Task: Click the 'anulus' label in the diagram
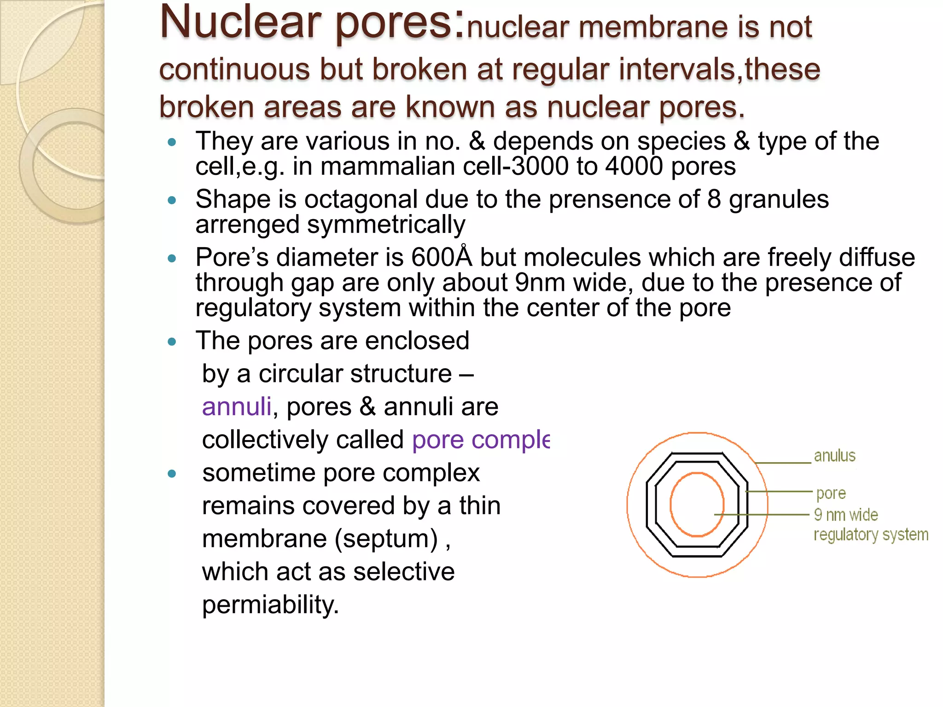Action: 834,456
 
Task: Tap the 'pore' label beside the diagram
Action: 831,493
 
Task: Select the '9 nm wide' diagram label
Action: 846,515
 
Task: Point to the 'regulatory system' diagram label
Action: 871,535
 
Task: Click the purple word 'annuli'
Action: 237,407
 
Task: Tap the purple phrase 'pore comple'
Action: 481,440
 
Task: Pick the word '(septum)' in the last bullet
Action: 386,539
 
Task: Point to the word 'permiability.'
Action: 270,605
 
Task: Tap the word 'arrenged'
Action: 247,225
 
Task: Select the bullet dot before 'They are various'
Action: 172,142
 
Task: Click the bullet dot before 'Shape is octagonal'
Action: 172,200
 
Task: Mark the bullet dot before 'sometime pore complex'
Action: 172,474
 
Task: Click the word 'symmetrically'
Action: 386,225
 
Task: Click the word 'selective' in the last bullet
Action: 404,572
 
